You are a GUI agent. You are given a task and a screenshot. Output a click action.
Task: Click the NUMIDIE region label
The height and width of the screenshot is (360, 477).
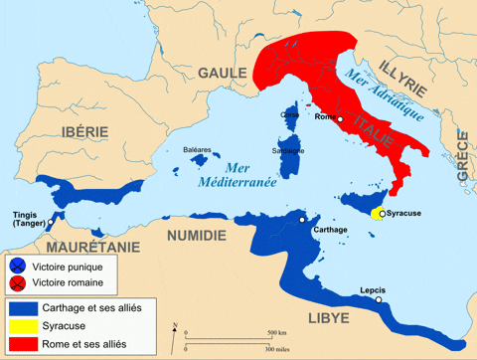click(195, 235)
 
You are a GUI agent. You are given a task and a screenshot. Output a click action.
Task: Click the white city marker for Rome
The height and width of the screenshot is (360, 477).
click(340, 119)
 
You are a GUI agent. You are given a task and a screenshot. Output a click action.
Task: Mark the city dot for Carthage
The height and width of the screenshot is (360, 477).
click(302, 219)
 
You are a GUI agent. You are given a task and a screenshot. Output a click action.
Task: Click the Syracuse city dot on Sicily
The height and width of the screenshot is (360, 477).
click(382, 213)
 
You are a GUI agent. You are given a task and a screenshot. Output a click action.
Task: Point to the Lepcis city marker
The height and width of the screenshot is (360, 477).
click(378, 299)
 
